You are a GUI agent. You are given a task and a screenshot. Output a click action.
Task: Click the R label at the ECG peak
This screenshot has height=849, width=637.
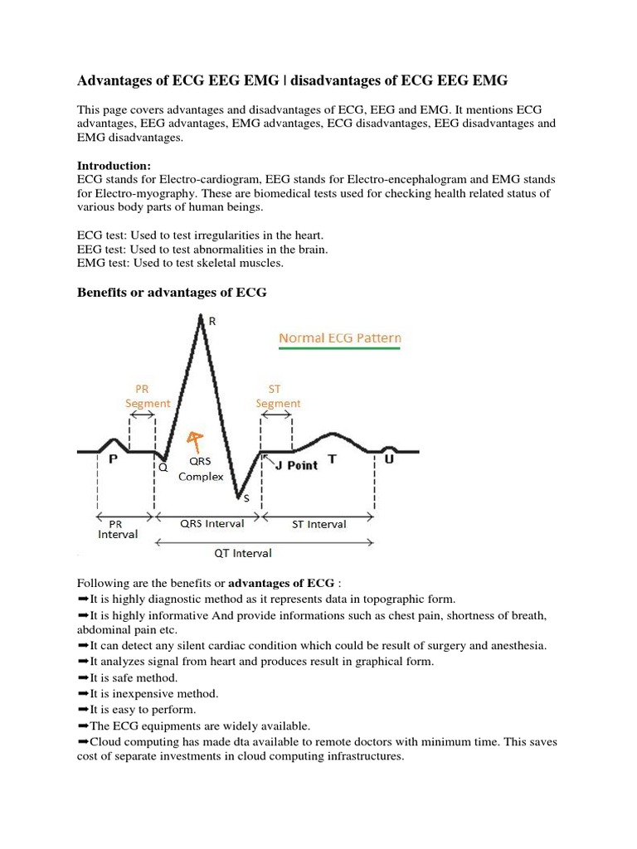(212, 323)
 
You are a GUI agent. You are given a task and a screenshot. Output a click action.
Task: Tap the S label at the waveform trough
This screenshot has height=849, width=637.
(246, 497)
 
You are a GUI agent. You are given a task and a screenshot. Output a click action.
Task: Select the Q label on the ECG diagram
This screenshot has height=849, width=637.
(163, 467)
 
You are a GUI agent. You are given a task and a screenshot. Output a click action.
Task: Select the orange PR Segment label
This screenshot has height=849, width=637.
(148, 395)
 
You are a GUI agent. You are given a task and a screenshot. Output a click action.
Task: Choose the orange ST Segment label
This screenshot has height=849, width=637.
(278, 395)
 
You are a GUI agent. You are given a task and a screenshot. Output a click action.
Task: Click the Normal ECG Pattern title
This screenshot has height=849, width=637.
(340, 338)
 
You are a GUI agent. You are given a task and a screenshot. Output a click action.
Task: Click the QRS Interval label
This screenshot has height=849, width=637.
(212, 523)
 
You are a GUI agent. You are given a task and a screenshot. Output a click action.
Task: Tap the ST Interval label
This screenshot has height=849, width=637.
(319, 523)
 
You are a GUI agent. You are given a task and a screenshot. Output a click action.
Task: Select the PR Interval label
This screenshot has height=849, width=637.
(118, 529)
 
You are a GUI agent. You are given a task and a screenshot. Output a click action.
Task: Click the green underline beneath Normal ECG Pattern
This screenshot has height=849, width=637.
(340, 350)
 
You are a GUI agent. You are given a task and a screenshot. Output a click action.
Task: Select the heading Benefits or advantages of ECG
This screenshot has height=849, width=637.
(172, 293)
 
